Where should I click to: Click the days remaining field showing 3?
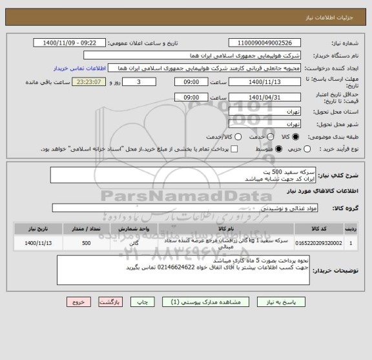(x=139, y=83)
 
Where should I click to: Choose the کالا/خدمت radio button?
(x=238, y=137)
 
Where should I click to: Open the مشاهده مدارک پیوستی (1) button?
(x=211, y=302)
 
